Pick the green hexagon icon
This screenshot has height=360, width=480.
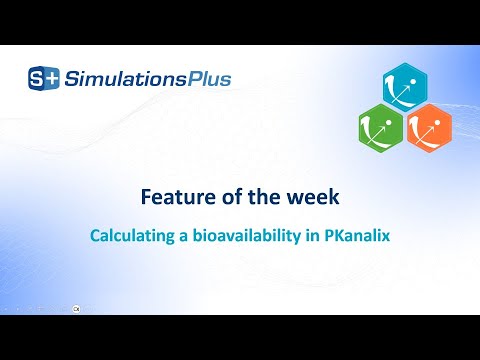point(380,129)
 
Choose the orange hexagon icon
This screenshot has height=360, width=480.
point(429,129)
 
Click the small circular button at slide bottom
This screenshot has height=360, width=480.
point(76,309)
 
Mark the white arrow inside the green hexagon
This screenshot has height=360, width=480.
point(381,128)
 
